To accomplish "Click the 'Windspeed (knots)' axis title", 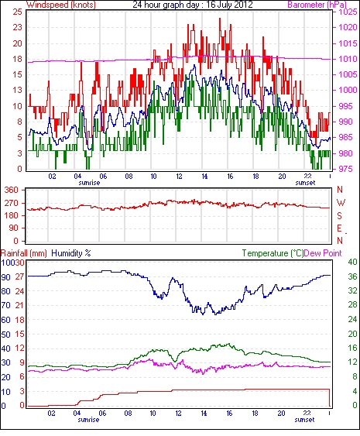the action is pyautogui.click(x=61, y=5).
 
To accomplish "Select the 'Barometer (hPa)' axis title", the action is pyautogui.click(x=317, y=5).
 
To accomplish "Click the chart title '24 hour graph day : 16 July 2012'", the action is pyautogui.click(x=193, y=5).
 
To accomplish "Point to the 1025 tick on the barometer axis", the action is pyautogui.click(x=347, y=12).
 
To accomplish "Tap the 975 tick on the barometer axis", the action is pyautogui.click(x=347, y=169).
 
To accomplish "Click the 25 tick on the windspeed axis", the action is pyautogui.click(x=17, y=12).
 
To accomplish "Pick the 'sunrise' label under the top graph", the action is pyautogui.click(x=89, y=183).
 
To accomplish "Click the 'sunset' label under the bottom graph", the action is pyautogui.click(x=305, y=419).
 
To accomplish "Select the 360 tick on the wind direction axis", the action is pyautogui.click(x=12, y=190).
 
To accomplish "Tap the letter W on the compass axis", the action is pyautogui.click(x=341, y=202).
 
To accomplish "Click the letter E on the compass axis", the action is pyautogui.click(x=339, y=228).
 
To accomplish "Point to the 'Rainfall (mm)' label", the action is pyautogui.click(x=24, y=253).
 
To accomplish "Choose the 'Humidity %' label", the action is pyautogui.click(x=71, y=253).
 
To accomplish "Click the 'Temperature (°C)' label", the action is pyautogui.click(x=273, y=253).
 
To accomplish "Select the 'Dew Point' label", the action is pyautogui.click(x=323, y=253).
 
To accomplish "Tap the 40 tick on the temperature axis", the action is pyautogui.click(x=353, y=262).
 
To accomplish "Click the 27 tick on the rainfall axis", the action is pyautogui.click(x=22, y=276).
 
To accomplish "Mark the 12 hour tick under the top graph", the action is pyautogui.click(x=179, y=177).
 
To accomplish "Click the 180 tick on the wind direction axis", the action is pyautogui.click(x=12, y=215).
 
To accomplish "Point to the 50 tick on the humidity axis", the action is pyautogui.click(x=6, y=335).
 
